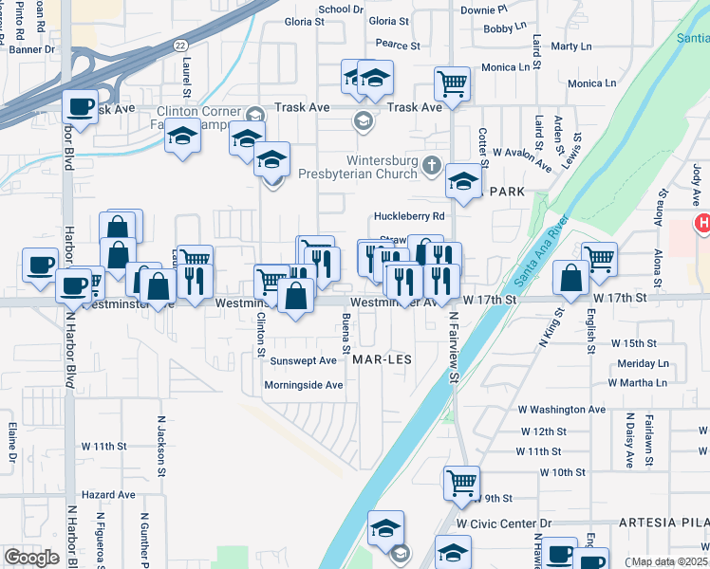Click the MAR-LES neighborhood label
pos(381,360)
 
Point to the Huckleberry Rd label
pos(409,216)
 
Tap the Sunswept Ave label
pos(304,360)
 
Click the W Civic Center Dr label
pos(503,523)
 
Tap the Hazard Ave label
pos(108,495)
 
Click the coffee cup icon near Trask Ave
pos(80,106)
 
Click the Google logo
pos(31,558)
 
